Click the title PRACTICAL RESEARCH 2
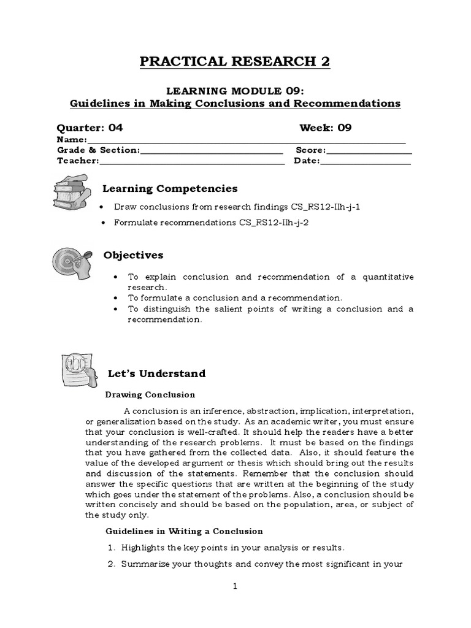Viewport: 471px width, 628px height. coord(235,62)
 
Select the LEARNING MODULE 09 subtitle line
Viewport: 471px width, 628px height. coord(235,91)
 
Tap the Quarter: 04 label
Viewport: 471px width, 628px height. coord(90,128)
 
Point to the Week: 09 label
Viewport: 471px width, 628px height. coord(325,128)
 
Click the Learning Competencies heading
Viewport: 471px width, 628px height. coord(170,189)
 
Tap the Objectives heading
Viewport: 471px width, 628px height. coord(133,255)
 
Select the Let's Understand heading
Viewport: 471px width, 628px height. coord(156,373)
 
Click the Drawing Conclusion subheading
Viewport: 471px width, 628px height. coord(150,394)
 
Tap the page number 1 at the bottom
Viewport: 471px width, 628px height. coord(235,586)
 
